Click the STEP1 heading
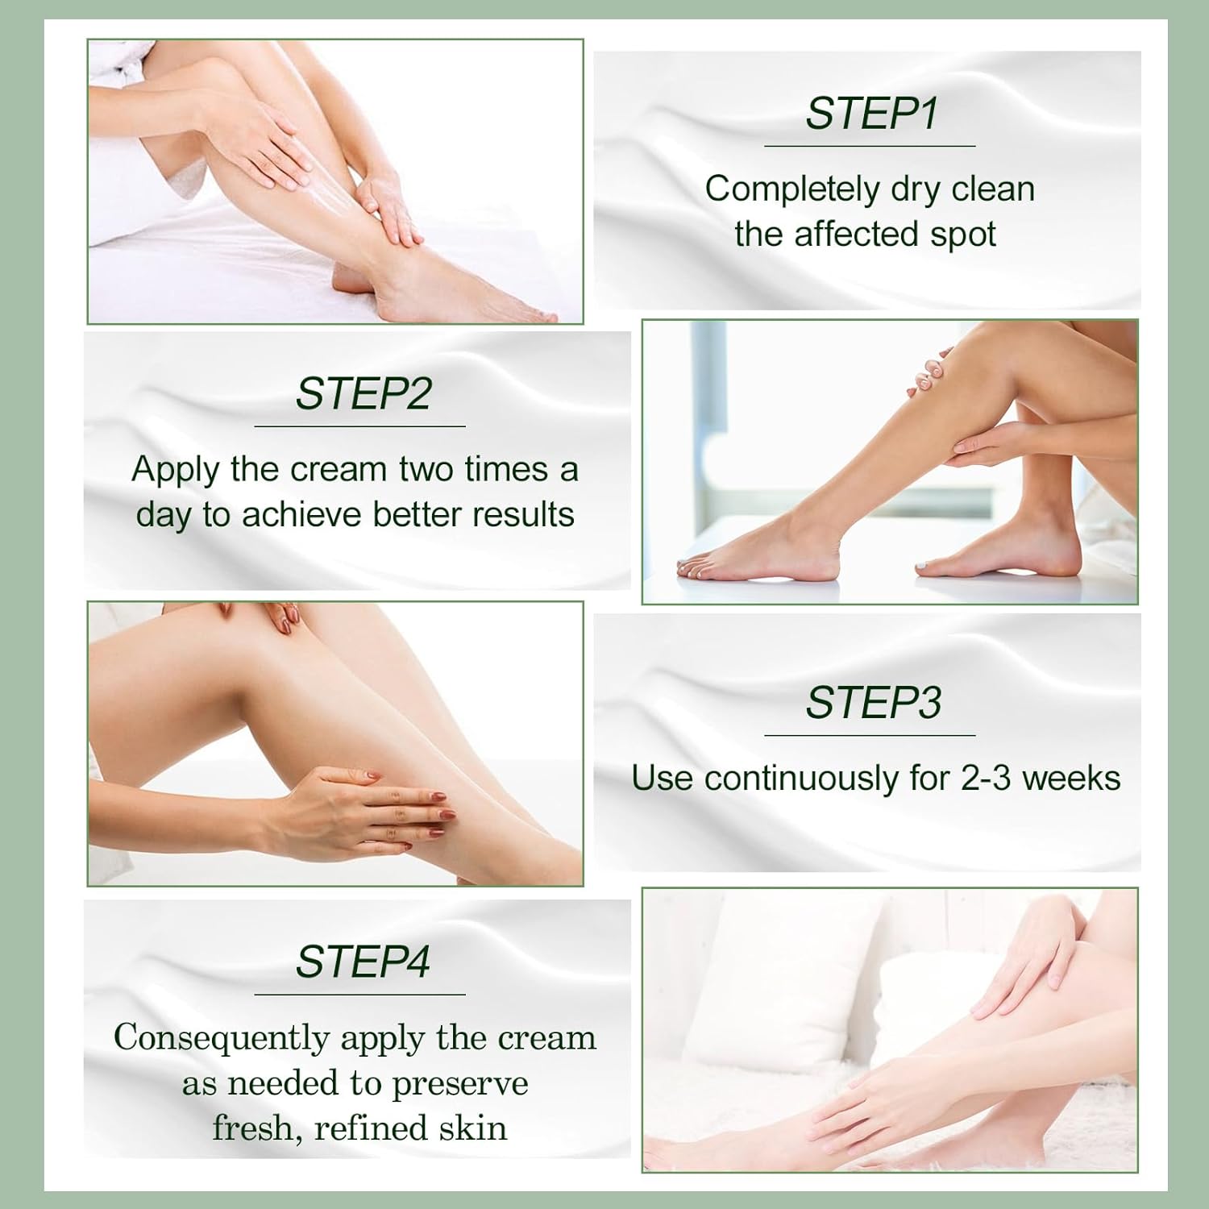[872, 113]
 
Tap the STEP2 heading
[363, 393]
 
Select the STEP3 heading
[873, 702]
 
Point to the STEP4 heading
[363, 962]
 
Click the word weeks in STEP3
[1071, 779]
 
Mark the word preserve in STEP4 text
[459, 1083]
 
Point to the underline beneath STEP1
[870, 146]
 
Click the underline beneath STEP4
[359, 995]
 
